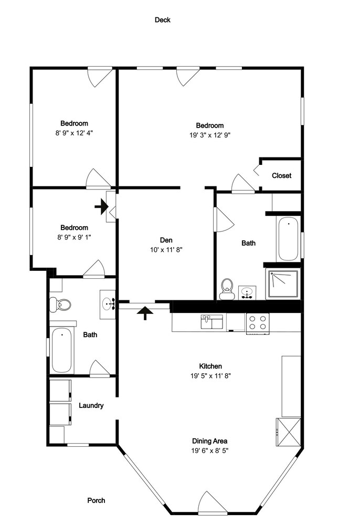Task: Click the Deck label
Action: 163,20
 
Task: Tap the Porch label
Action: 97,500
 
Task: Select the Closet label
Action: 281,175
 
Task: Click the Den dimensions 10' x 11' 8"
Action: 166,249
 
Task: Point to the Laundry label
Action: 91,405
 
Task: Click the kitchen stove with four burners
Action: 258,323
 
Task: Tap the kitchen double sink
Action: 211,322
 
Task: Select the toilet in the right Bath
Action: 227,289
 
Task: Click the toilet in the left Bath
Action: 60,304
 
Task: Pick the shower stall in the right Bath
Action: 283,284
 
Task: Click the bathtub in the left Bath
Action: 62,350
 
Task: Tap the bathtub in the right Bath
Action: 289,239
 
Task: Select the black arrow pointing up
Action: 145,313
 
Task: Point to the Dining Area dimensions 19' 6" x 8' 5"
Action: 210,450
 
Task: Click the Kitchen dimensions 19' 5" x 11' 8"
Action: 210,376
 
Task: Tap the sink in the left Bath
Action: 108,304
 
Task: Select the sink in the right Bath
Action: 247,292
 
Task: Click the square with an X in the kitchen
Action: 288,432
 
